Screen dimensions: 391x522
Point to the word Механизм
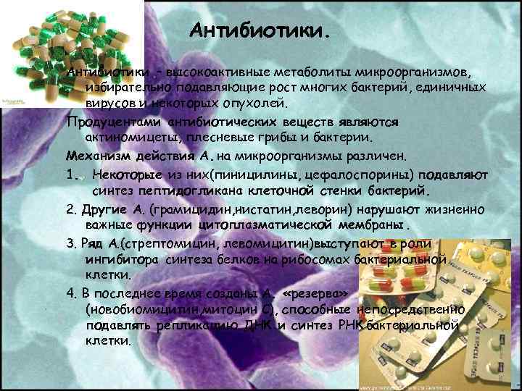point(97,156)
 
